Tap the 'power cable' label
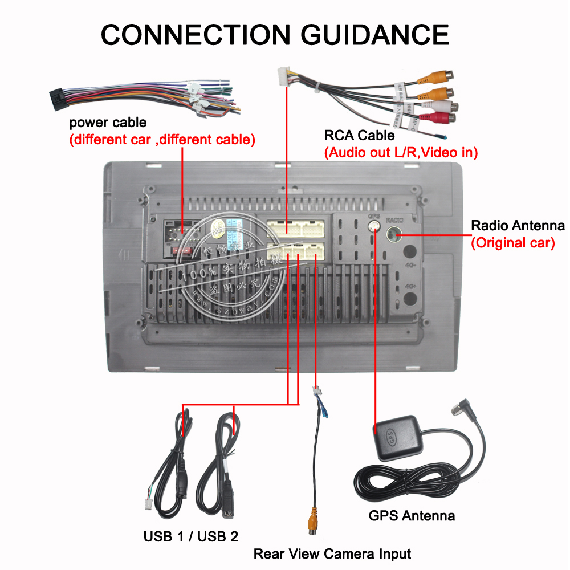(x=108, y=123)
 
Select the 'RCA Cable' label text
(x=359, y=136)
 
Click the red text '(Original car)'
(x=512, y=242)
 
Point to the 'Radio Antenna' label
(x=518, y=225)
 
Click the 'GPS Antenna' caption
(x=412, y=516)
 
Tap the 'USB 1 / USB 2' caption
(x=191, y=536)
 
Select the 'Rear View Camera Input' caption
(x=332, y=553)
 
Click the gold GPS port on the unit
(x=374, y=227)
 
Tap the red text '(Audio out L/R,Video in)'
(x=401, y=153)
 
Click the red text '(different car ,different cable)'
(x=162, y=139)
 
